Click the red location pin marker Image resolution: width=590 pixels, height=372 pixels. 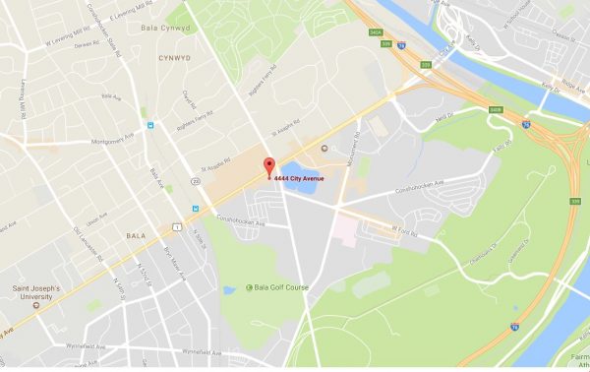tap(267, 167)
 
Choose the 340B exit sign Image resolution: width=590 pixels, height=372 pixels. tap(496, 109)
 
